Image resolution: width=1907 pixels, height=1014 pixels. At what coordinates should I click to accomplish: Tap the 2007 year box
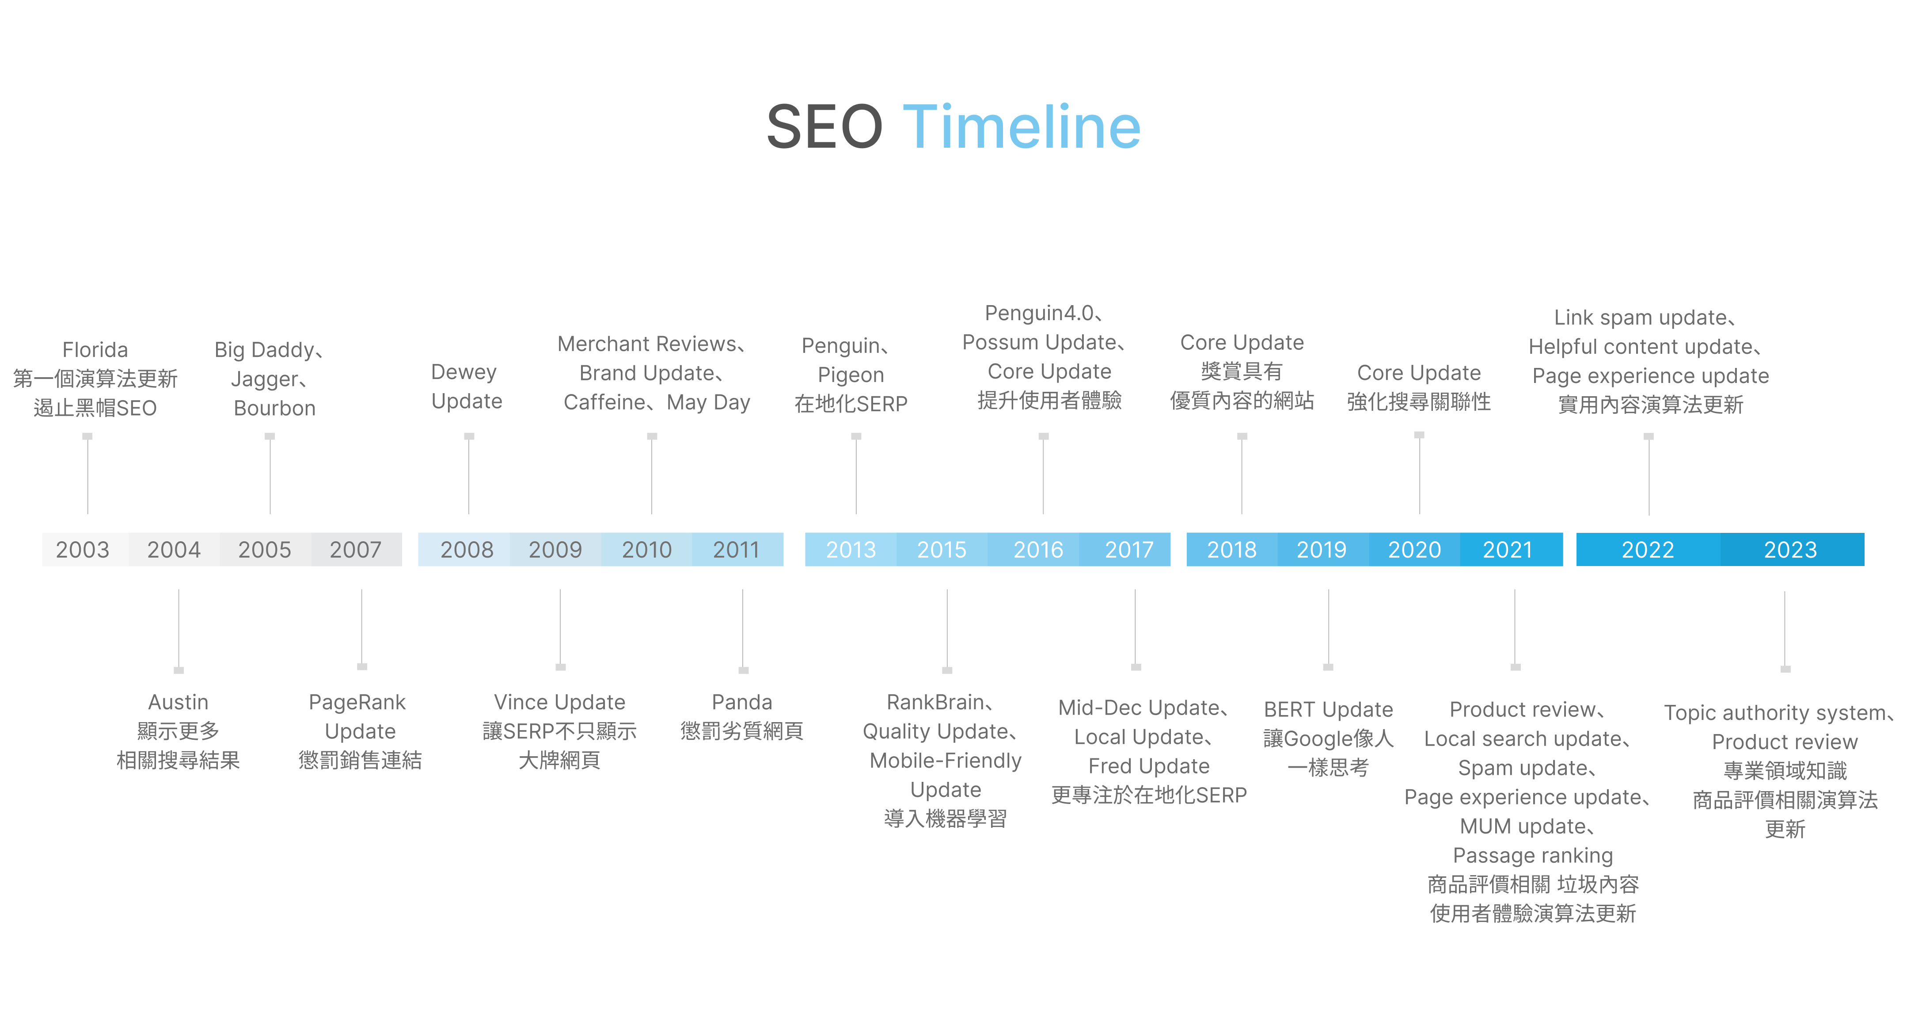click(355, 550)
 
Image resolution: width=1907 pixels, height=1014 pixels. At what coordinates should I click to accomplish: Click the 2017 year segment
click(1129, 550)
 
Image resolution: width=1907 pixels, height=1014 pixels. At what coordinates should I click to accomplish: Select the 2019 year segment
click(1322, 550)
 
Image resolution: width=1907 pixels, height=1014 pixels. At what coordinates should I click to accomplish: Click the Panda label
click(742, 702)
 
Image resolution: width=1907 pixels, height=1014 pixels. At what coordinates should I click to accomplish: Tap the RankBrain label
click(938, 702)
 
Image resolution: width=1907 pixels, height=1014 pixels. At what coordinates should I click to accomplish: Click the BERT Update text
click(1328, 710)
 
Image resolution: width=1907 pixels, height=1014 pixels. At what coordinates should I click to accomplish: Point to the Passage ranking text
click(1532, 856)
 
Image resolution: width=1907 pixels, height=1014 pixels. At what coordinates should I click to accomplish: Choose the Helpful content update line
click(1644, 347)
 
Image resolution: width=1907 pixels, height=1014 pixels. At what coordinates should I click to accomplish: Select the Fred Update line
click(1149, 766)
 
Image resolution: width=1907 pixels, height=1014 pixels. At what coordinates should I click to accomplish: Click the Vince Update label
click(560, 702)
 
